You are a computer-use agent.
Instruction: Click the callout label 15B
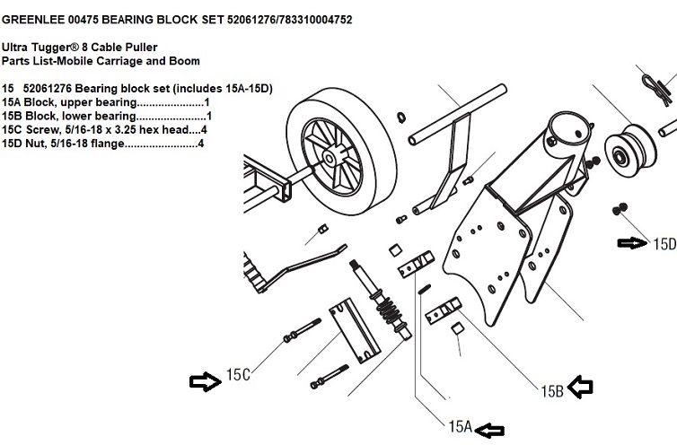[551, 389]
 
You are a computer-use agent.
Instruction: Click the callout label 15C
[238, 376]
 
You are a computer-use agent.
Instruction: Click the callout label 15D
[664, 243]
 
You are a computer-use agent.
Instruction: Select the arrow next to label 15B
[582, 387]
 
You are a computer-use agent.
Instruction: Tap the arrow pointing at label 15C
[206, 381]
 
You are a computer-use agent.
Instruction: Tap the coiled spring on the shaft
[388, 313]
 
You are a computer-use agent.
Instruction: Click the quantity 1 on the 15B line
[208, 116]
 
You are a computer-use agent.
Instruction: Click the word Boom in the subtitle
[183, 61]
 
